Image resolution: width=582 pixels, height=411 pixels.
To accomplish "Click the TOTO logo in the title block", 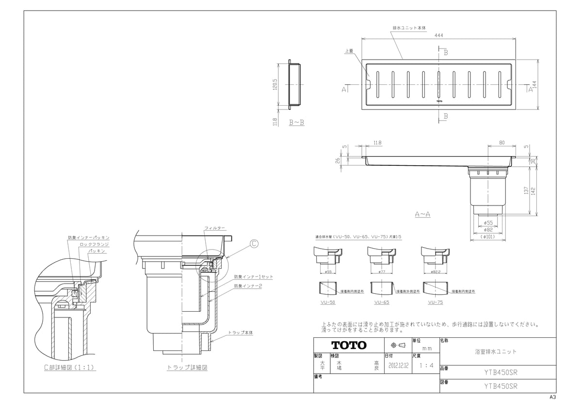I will coord(349,346).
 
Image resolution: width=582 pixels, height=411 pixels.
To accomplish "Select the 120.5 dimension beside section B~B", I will coord(275,84).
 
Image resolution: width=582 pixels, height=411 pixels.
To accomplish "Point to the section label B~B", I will coord(296,123).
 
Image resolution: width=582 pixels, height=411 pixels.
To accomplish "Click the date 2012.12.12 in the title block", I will coord(399,366).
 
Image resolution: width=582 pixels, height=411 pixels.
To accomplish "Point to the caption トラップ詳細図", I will coord(187,368).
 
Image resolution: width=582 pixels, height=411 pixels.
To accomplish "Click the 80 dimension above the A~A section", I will coord(501,143).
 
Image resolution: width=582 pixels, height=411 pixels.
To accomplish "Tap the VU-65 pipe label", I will coord(382,302).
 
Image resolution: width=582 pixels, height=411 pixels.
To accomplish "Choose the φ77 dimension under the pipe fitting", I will coord(382,272).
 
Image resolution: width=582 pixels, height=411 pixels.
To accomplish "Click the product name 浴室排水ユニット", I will coord(495,351).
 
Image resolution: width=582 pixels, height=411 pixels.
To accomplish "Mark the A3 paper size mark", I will coord(552,397).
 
